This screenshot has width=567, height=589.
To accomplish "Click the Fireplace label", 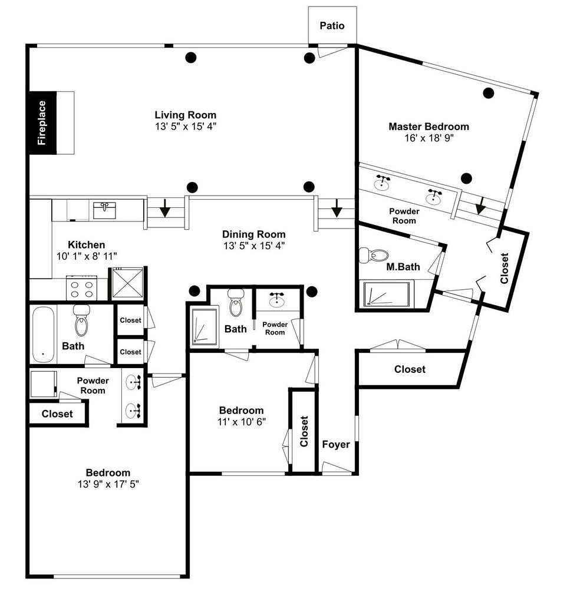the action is (x=42, y=123).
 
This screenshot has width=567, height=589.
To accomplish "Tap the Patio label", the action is (x=332, y=25).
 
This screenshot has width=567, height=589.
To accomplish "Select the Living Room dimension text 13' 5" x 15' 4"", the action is (x=186, y=127).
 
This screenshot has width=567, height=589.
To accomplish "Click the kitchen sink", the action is (x=104, y=210).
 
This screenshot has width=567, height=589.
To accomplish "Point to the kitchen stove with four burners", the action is (x=82, y=289).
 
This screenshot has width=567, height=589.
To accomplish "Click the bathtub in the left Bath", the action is (x=42, y=335).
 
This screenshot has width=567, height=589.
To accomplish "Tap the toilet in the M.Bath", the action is (x=374, y=256).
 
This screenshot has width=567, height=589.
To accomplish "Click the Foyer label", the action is (x=336, y=444).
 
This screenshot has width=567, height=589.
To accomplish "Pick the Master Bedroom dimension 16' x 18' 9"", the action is (x=429, y=138).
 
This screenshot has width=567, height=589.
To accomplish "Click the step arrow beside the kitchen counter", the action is (x=165, y=208).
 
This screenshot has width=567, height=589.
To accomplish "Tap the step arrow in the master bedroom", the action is (x=480, y=206).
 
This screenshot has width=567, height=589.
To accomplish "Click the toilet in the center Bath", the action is (x=236, y=303).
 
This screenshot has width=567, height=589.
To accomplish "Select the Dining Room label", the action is (x=254, y=234).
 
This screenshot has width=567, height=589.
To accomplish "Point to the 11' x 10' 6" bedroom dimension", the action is (x=242, y=422).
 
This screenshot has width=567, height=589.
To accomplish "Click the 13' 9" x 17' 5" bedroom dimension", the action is (x=108, y=484).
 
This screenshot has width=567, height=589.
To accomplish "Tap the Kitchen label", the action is (x=87, y=245).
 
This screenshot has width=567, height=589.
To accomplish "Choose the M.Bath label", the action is (x=403, y=267).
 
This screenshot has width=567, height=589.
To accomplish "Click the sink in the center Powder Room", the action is (x=278, y=299).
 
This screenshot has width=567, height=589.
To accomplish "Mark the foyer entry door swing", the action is (x=336, y=468).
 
